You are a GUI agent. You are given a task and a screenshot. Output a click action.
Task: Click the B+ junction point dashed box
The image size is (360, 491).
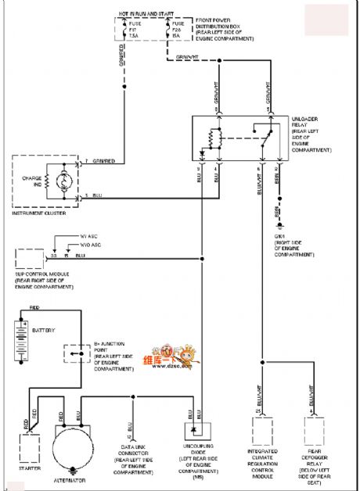(75, 355)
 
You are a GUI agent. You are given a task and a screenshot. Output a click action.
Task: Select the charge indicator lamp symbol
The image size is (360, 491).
(63, 181)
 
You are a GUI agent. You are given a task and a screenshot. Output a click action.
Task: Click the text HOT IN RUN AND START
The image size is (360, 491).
(146, 14)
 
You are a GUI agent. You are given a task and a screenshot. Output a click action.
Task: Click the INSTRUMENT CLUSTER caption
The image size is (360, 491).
(38, 212)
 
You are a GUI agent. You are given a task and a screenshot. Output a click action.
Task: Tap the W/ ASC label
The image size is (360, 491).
(91, 235)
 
